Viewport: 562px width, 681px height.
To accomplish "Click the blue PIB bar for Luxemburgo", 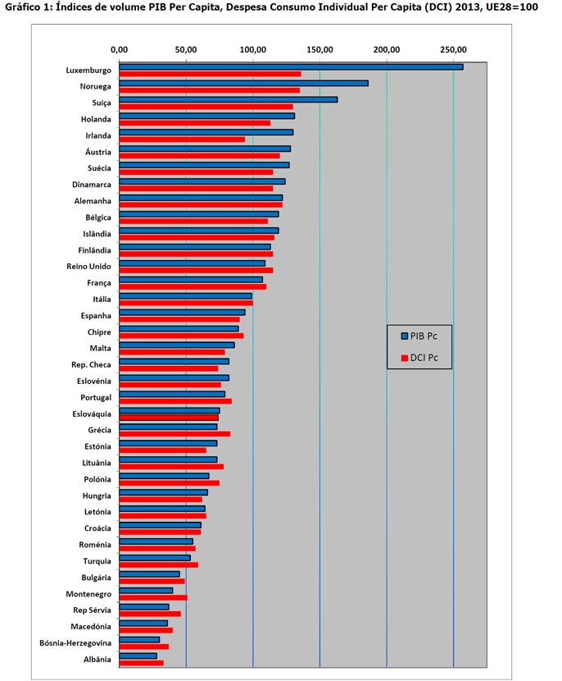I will point(291,67).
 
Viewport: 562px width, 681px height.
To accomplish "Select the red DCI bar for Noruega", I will point(209,90).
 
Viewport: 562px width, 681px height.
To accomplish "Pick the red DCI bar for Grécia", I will point(174,434).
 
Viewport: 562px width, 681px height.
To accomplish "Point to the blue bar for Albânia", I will point(138,656).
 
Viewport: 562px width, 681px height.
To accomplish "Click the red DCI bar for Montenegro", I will point(153,597).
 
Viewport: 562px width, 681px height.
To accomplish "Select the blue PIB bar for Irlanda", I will point(206,133).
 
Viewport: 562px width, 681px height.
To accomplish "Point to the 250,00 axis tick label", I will point(453,49).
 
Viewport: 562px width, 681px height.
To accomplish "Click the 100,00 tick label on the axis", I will point(252,49).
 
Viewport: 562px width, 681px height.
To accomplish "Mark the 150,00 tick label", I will point(320,49).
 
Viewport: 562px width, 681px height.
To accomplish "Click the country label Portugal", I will point(94,398).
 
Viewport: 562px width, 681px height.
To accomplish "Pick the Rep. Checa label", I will point(92,365).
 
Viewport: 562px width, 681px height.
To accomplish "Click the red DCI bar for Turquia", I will point(158,564).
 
